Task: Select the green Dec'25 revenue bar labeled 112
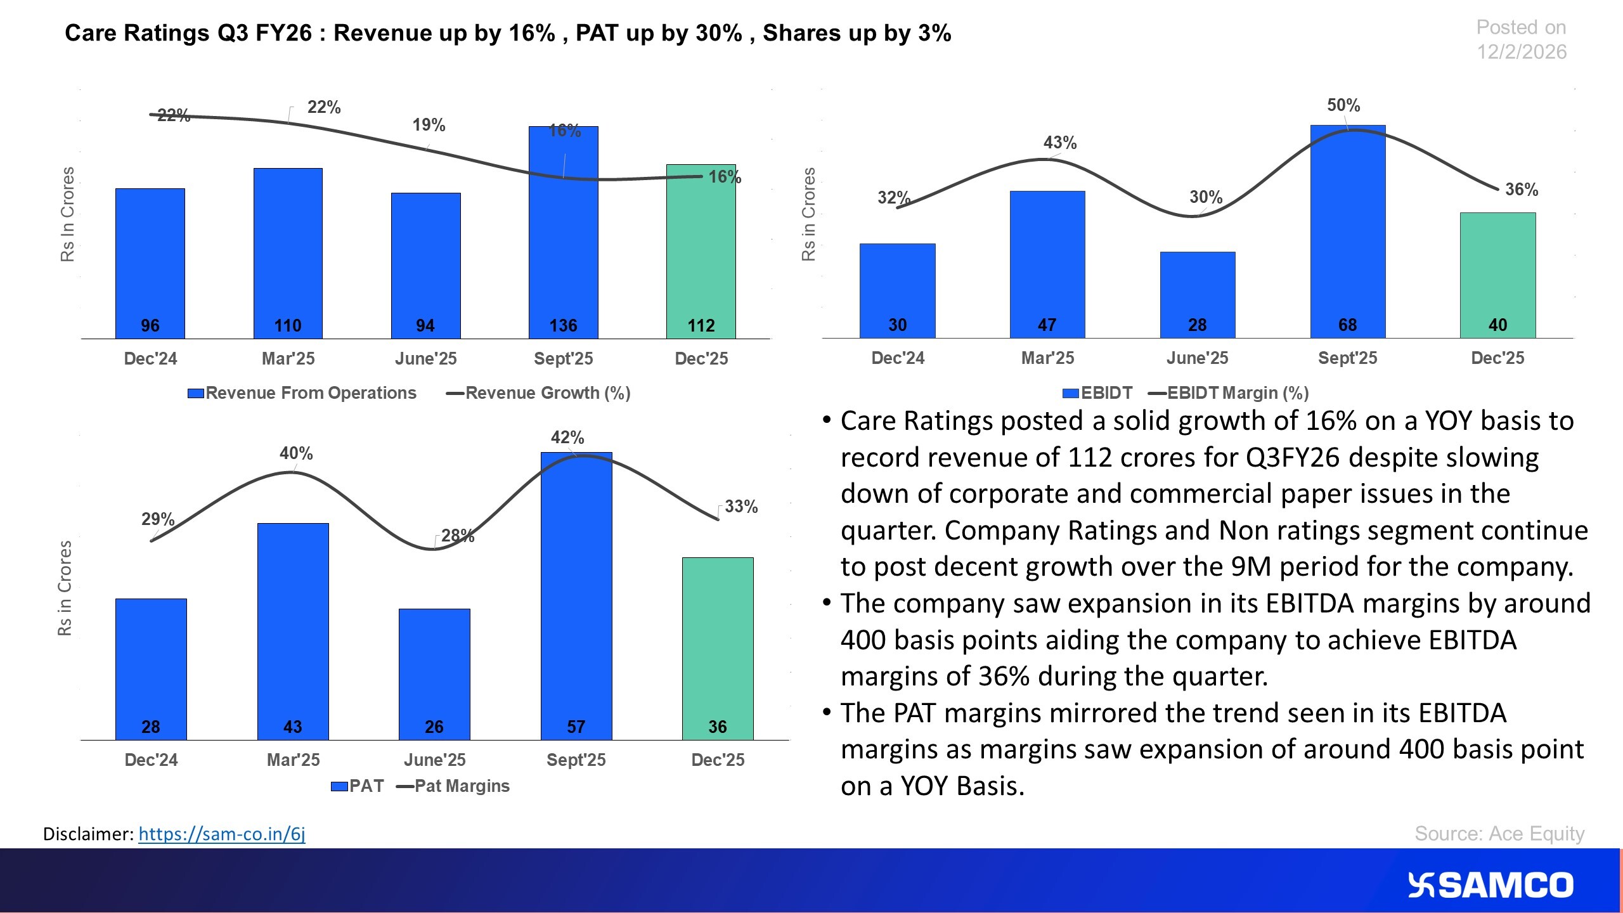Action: pos(701,254)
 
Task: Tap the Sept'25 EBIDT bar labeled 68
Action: pos(1347,235)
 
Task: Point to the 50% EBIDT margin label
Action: pos(1343,105)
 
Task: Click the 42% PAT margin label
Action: pos(567,437)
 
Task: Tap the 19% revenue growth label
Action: pos(429,125)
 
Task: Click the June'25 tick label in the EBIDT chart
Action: pos(1197,358)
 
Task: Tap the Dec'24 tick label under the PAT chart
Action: pos(151,760)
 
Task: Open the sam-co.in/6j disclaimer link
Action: pos(221,834)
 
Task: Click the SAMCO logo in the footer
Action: pos(1490,885)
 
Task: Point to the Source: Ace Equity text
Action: pos(1499,833)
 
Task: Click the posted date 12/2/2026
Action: pos(1521,52)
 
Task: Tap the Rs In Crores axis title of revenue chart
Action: pos(67,214)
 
